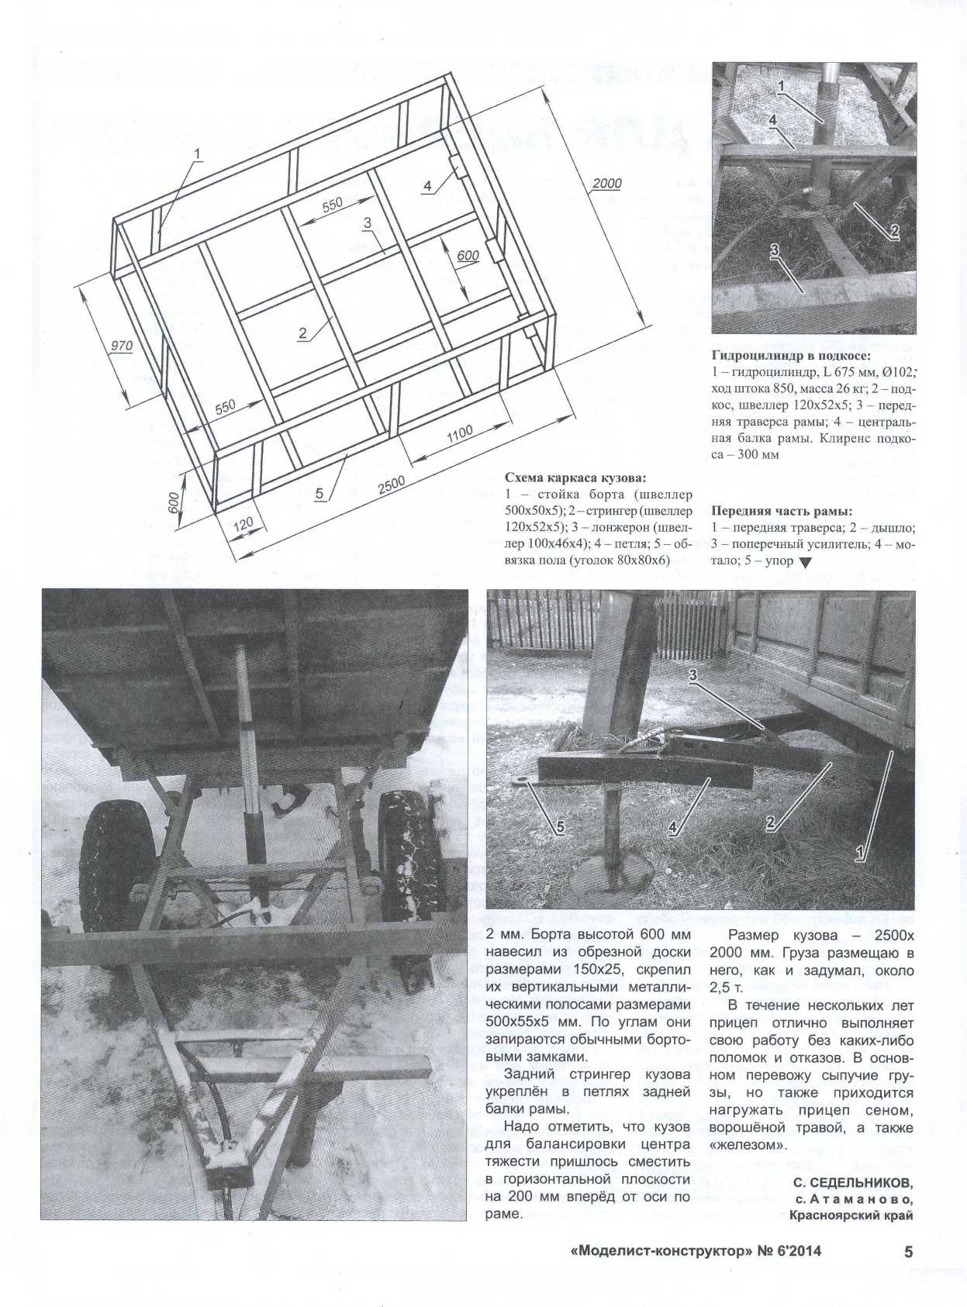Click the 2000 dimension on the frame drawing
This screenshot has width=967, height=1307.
[606, 184]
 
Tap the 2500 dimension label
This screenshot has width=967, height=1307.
[392, 484]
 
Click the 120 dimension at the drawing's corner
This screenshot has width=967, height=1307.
[243, 526]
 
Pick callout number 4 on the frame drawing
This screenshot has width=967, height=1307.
[427, 186]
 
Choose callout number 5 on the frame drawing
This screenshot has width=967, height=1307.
[319, 495]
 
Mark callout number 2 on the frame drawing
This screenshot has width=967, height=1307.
[302, 333]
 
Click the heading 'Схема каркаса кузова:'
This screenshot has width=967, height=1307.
[575, 478]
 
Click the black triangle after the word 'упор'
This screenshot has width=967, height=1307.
[805, 563]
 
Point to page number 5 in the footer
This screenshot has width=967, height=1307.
[909, 1252]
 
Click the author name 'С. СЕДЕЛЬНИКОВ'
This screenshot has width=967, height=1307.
[853, 1183]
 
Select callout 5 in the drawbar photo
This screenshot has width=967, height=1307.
[559, 827]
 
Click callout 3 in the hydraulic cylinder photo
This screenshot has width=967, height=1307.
[774, 250]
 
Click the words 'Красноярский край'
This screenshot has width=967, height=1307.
[851, 1215]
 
